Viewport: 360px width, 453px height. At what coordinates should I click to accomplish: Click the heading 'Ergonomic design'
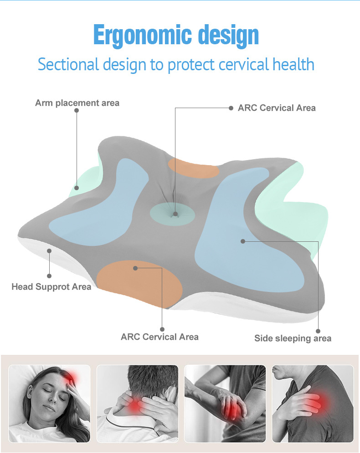click(x=176, y=35)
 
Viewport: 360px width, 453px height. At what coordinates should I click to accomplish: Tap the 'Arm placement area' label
click(x=77, y=103)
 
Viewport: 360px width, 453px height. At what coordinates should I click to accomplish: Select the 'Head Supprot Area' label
click(x=51, y=287)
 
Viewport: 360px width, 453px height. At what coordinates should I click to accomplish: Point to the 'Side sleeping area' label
click(x=293, y=338)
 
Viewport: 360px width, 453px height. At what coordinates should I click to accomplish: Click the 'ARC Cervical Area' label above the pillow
click(x=277, y=108)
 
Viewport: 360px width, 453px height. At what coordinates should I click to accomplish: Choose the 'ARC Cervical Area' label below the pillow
click(x=159, y=337)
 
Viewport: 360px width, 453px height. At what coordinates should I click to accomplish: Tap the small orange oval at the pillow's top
click(x=194, y=168)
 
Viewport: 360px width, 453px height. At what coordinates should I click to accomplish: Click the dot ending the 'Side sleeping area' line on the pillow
click(x=243, y=241)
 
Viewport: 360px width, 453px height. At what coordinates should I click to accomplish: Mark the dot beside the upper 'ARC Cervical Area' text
click(x=231, y=108)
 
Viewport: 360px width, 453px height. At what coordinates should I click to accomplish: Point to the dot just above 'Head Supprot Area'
click(x=49, y=276)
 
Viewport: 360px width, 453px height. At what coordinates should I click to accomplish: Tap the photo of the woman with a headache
click(x=49, y=403)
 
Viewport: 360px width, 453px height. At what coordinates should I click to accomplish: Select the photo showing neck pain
click(x=137, y=403)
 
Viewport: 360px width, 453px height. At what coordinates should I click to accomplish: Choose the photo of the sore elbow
click(x=225, y=403)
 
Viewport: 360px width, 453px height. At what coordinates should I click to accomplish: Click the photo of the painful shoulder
click(x=313, y=403)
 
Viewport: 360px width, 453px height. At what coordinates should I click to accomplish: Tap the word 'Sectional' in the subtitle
click(x=68, y=64)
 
